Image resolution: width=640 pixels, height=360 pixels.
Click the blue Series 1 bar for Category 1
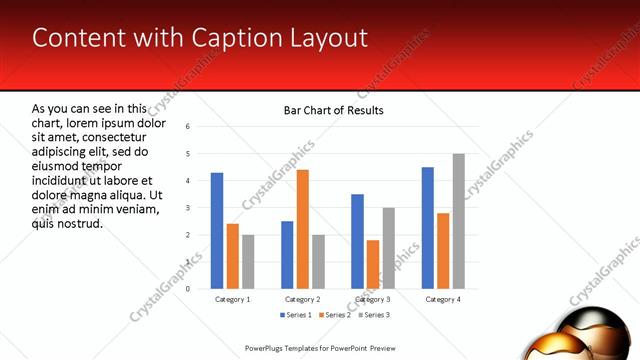217,231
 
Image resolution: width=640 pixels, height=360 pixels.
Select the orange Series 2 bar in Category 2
303,229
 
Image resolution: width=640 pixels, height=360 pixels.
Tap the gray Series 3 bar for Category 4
458,221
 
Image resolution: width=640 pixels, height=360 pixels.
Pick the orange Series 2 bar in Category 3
373,264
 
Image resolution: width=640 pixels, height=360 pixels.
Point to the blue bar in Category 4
428,228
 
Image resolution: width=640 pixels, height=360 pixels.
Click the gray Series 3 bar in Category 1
248,262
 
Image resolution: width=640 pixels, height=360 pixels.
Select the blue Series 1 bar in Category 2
287,255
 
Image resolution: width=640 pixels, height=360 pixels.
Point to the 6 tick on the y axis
188,127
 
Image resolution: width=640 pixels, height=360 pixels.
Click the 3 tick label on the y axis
188,208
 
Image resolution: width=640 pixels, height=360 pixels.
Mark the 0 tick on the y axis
188,289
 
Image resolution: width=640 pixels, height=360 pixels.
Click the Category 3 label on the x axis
373,299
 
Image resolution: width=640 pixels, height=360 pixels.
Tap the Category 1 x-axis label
233,299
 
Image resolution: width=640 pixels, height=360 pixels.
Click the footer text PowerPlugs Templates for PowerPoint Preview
321,348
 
